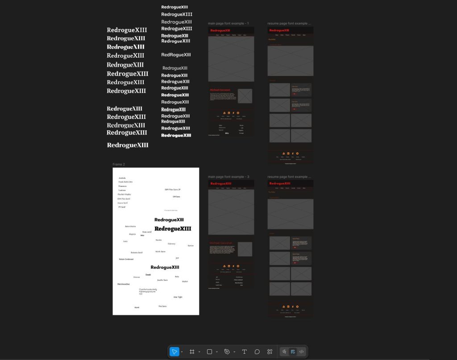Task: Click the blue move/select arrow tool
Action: pos(174,352)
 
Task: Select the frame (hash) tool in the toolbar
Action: pos(192,352)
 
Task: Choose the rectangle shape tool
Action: pos(209,352)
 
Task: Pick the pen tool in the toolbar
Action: pos(227,352)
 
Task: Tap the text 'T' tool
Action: pos(244,352)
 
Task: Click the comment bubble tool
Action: pos(257,352)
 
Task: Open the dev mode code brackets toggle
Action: pos(302,352)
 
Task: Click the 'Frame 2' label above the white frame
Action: pos(119,164)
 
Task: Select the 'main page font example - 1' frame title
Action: pos(228,23)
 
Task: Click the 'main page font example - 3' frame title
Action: pos(228,177)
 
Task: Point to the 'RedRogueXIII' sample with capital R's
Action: pos(176,55)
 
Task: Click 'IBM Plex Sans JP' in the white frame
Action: pos(172,189)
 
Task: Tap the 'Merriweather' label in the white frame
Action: pos(124,284)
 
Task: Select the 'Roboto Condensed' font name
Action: pos(126,259)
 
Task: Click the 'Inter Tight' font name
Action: pos(178,297)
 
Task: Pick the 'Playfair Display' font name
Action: pos(125,195)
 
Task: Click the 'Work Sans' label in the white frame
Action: pos(160,251)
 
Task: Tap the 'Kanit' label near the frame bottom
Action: pos(137,307)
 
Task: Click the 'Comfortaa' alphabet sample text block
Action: pos(148,291)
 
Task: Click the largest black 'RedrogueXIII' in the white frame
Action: pos(173,229)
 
